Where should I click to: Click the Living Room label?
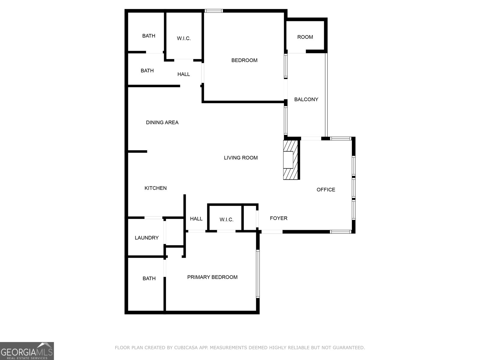coord(241,158)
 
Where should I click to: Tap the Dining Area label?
coord(162,122)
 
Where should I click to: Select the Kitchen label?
coord(155,188)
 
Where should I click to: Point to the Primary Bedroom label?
coord(212,277)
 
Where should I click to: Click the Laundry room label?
coord(146,238)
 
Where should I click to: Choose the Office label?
coord(326,190)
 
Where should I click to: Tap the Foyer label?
coord(278,218)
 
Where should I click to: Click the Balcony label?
coord(306,99)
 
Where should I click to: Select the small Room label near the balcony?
coord(305,37)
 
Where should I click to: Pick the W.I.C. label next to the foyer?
coord(226,220)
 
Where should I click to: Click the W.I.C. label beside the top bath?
coord(184,38)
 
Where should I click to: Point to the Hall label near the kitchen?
coord(196,219)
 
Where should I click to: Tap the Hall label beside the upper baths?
coord(184,74)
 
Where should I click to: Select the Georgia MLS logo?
coord(27,351)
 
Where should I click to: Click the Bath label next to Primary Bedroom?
coord(149,279)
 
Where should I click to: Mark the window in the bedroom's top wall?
coord(214,11)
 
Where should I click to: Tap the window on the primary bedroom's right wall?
coord(258,274)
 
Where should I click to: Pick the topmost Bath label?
coord(148,36)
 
